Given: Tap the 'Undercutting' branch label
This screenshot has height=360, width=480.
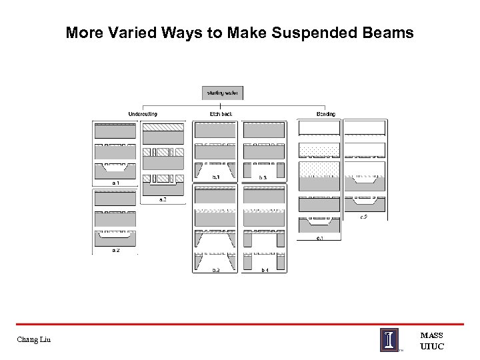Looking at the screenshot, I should click(x=143, y=114).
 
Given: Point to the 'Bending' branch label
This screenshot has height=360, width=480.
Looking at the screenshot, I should click(x=326, y=114).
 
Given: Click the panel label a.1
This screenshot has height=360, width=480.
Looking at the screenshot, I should click(x=115, y=182).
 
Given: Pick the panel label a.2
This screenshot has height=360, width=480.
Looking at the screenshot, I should click(x=115, y=250).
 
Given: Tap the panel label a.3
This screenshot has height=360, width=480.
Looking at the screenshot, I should click(x=163, y=199).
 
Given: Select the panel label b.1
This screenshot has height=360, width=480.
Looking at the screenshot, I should click(x=215, y=177).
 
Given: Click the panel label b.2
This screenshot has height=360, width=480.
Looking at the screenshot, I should click(x=215, y=270).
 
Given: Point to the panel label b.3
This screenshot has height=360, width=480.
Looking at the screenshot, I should click(x=263, y=177).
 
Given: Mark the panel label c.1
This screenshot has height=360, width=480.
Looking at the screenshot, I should click(x=319, y=238).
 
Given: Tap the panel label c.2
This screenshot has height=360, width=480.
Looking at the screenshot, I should click(x=364, y=216).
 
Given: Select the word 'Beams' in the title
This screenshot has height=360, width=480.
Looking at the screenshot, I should click(x=389, y=32).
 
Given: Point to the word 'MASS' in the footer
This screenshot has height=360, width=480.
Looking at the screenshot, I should click(x=432, y=335).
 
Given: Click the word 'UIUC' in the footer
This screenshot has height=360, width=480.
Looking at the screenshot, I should click(x=432, y=346).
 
